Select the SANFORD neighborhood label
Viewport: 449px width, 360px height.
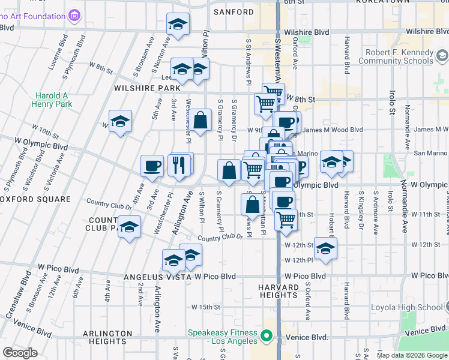point(234,12)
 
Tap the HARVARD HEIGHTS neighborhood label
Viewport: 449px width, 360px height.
point(279,291)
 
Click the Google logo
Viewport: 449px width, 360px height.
point(20,352)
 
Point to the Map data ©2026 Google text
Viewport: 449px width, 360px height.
point(411,355)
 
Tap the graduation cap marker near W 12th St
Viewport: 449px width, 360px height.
point(325,248)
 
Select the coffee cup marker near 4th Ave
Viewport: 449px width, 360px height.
point(152,165)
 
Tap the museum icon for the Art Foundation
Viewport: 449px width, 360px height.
point(74,14)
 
